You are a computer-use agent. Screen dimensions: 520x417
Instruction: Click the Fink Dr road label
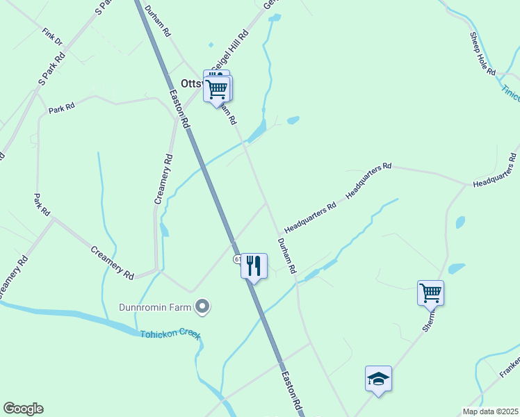pos(52,37)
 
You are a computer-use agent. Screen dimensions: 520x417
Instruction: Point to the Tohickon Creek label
pos(170,335)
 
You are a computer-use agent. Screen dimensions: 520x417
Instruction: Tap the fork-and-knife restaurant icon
pos(254,265)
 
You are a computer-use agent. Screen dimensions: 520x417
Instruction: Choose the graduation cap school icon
pos(378,379)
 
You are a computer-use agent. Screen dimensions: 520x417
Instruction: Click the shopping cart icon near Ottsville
pos(217,88)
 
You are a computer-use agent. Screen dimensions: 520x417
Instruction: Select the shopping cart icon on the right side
pos(430,292)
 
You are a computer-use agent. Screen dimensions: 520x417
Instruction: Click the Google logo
pos(23,409)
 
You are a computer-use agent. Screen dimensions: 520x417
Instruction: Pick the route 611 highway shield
pos(238,259)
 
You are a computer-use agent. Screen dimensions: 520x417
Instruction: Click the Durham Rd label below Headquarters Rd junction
pos(287,256)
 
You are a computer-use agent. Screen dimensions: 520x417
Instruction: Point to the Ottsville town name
pos(191,83)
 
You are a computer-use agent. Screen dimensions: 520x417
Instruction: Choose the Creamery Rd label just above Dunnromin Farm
pos(112,262)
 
